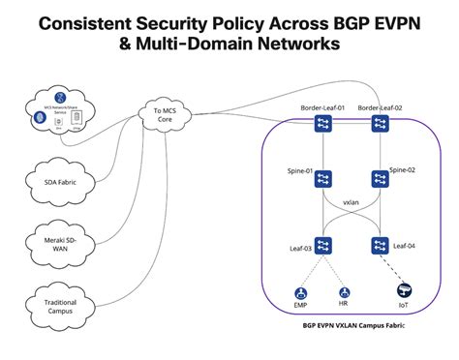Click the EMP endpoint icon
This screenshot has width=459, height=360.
pyautogui.click(x=301, y=291)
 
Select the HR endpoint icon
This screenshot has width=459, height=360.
pyautogui.click(x=343, y=291)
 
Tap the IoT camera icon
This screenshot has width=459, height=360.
pyautogui.click(x=403, y=289)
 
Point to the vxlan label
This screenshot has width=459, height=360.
pyautogui.click(x=352, y=205)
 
